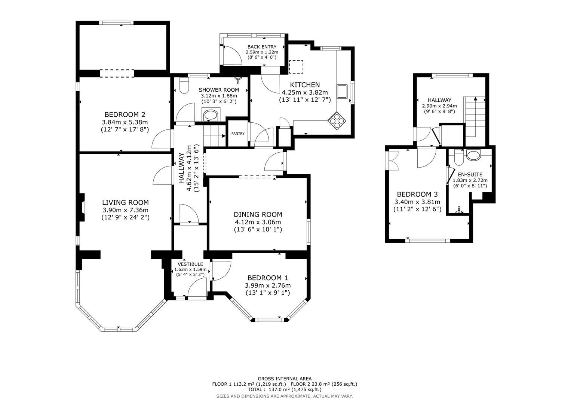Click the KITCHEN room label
point(305,85)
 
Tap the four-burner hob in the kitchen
point(337,120)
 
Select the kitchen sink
point(342,91)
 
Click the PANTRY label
point(238,134)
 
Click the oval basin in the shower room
point(211,115)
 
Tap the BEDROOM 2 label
point(125,114)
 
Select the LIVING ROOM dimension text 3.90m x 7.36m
point(125,210)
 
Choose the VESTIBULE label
point(190,264)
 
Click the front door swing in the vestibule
point(197,290)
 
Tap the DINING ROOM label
point(258,214)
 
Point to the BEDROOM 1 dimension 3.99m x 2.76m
point(267,285)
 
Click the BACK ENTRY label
point(262,47)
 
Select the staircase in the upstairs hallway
point(475,116)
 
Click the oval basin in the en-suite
point(474,154)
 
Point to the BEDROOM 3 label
point(417,195)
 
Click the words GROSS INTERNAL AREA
point(284,379)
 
